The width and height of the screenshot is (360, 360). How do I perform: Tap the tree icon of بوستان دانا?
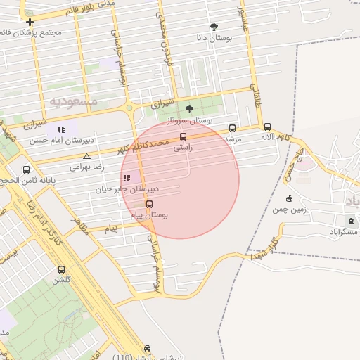point(214,26)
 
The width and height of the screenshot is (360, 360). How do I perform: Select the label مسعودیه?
point(72,101)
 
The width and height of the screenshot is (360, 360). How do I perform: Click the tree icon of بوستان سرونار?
point(189,109)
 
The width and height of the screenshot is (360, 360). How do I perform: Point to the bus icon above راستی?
point(184,137)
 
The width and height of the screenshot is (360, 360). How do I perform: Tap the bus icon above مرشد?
point(233,128)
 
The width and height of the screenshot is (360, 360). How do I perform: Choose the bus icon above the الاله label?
point(267,127)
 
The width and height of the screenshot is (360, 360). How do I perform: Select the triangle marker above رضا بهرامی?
point(86,156)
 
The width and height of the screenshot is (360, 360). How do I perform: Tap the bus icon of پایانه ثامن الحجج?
point(27,169)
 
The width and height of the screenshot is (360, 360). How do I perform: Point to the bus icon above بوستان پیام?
point(149,204)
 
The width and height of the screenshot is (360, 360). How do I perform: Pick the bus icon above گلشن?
point(61,269)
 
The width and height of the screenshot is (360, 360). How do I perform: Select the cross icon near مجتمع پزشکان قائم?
point(30,22)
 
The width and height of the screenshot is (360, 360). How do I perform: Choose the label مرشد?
point(232,139)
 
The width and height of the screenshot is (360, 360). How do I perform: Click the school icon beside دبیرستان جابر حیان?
point(127,179)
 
